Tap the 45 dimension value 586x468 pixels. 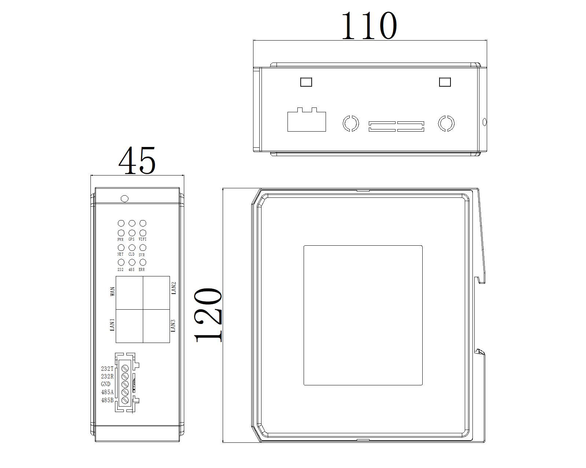coord(137,161)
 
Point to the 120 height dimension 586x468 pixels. coord(208,315)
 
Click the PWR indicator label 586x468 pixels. coord(120,239)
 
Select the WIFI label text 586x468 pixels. coord(142,239)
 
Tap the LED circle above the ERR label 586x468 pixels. coord(143,262)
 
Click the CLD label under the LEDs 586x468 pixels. coord(131,254)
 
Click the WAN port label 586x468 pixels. coord(112,291)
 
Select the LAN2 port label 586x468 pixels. coord(174,288)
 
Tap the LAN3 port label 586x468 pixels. coord(173,325)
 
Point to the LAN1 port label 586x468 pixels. coord(112,325)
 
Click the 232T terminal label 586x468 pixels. coord(107,369)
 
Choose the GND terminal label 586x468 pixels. coord(105,384)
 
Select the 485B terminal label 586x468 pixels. coord(107,400)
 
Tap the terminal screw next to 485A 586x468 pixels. coord(125,392)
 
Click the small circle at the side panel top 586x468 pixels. coord(125,199)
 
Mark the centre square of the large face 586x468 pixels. coord(363,315)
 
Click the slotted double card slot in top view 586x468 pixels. coord(396,127)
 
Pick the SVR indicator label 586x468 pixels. coord(142,255)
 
